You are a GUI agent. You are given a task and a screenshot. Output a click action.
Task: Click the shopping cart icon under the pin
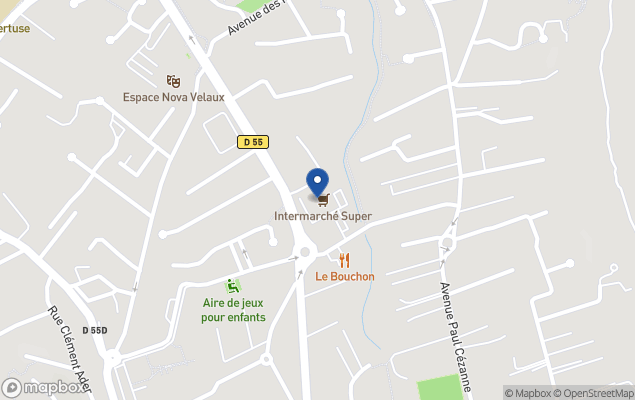click(322, 200)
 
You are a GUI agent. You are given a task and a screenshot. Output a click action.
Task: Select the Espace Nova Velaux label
click(174, 97)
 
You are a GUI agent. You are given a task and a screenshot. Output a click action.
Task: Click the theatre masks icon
click(174, 80)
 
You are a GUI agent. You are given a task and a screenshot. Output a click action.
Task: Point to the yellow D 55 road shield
click(253, 143)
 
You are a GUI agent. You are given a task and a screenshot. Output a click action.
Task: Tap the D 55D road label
click(95, 330)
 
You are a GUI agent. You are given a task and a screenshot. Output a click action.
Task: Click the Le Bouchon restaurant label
click(344, 277)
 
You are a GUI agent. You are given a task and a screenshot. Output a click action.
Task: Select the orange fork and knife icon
click(345, 260)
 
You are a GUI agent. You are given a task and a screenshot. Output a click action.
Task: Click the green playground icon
click(233, 285)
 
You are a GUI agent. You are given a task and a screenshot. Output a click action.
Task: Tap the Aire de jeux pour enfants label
click(233, 310)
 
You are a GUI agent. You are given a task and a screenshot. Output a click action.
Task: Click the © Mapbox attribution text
click(526, 392)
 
